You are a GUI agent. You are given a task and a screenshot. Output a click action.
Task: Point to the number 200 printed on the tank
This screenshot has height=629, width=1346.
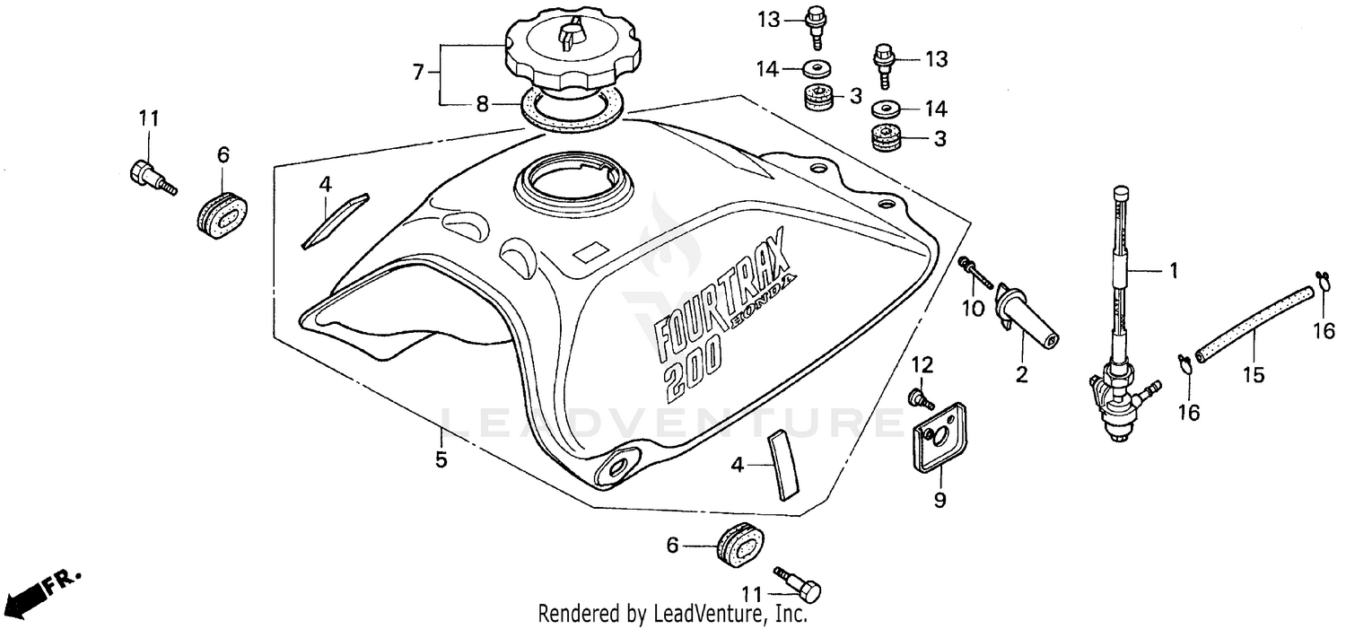point(691,368)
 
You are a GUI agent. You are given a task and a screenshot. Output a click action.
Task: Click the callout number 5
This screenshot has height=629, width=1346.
point(441,459)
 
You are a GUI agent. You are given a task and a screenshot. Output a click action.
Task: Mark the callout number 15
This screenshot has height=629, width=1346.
point(1253,375)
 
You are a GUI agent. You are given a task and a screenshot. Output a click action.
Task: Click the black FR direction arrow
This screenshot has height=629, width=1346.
point(27,594)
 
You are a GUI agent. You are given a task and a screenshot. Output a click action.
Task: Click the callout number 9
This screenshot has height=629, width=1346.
point(940,501)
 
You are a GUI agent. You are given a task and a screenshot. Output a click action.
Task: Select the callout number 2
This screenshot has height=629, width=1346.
point(1021,375)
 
